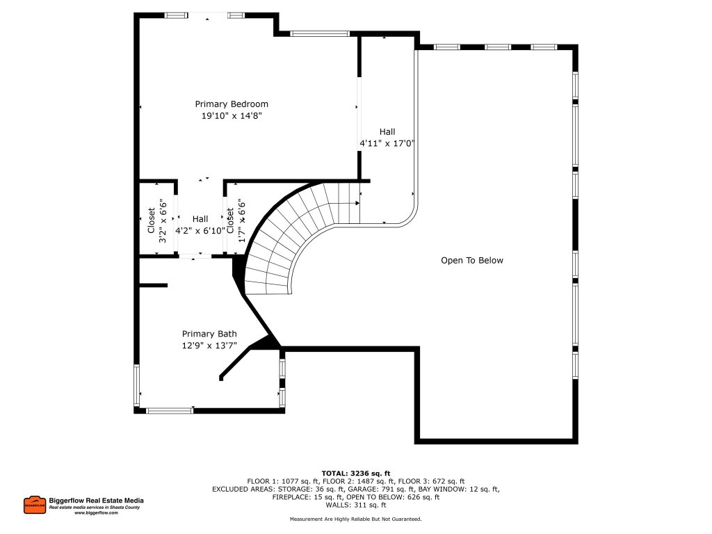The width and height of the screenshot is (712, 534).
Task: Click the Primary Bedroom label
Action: coord(232,104)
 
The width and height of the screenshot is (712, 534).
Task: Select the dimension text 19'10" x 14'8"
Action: coord(232,116)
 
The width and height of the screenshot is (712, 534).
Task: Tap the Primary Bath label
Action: coord(209,334)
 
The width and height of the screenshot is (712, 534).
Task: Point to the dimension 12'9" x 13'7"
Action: coord(209,346)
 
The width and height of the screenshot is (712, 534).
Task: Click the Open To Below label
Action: coord(472,260)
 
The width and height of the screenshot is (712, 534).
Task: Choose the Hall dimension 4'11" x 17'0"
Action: coord(387,143)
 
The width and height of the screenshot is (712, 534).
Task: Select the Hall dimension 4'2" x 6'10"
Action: coord(200,231)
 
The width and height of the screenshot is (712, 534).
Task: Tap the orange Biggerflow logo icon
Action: coord(35,505)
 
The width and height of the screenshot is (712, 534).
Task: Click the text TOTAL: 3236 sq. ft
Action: coord(355,473)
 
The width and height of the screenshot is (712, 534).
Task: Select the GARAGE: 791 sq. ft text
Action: coord(380,489)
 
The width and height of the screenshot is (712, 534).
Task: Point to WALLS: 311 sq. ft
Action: coord(355,505)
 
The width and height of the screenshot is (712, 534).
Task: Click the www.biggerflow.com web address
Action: coord(96,512)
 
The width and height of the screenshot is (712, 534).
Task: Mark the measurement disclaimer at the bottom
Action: coord(355,519)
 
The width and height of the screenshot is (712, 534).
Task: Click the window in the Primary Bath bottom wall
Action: coord(170,410)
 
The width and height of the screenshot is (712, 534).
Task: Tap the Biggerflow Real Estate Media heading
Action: coord(96,501)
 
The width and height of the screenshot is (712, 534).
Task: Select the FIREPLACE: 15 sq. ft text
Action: coord(307,497)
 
